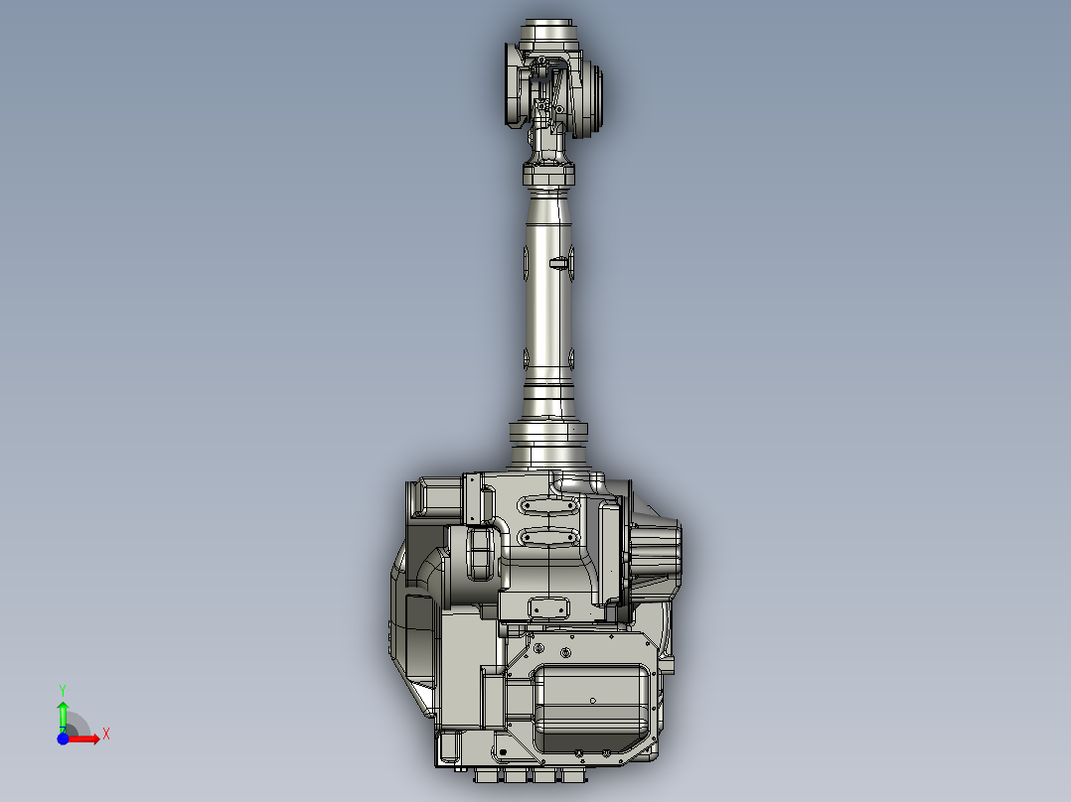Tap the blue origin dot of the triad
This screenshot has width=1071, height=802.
click(62, 737)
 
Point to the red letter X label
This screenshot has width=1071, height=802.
click(105, 734)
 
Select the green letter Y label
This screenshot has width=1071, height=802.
click(62, 689)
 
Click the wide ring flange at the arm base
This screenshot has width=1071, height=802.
click(549, 434)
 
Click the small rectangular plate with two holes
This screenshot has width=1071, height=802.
click(548, 606)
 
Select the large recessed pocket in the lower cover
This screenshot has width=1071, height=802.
click(592, 705)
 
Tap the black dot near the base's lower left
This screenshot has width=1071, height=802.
click(458, 766)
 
